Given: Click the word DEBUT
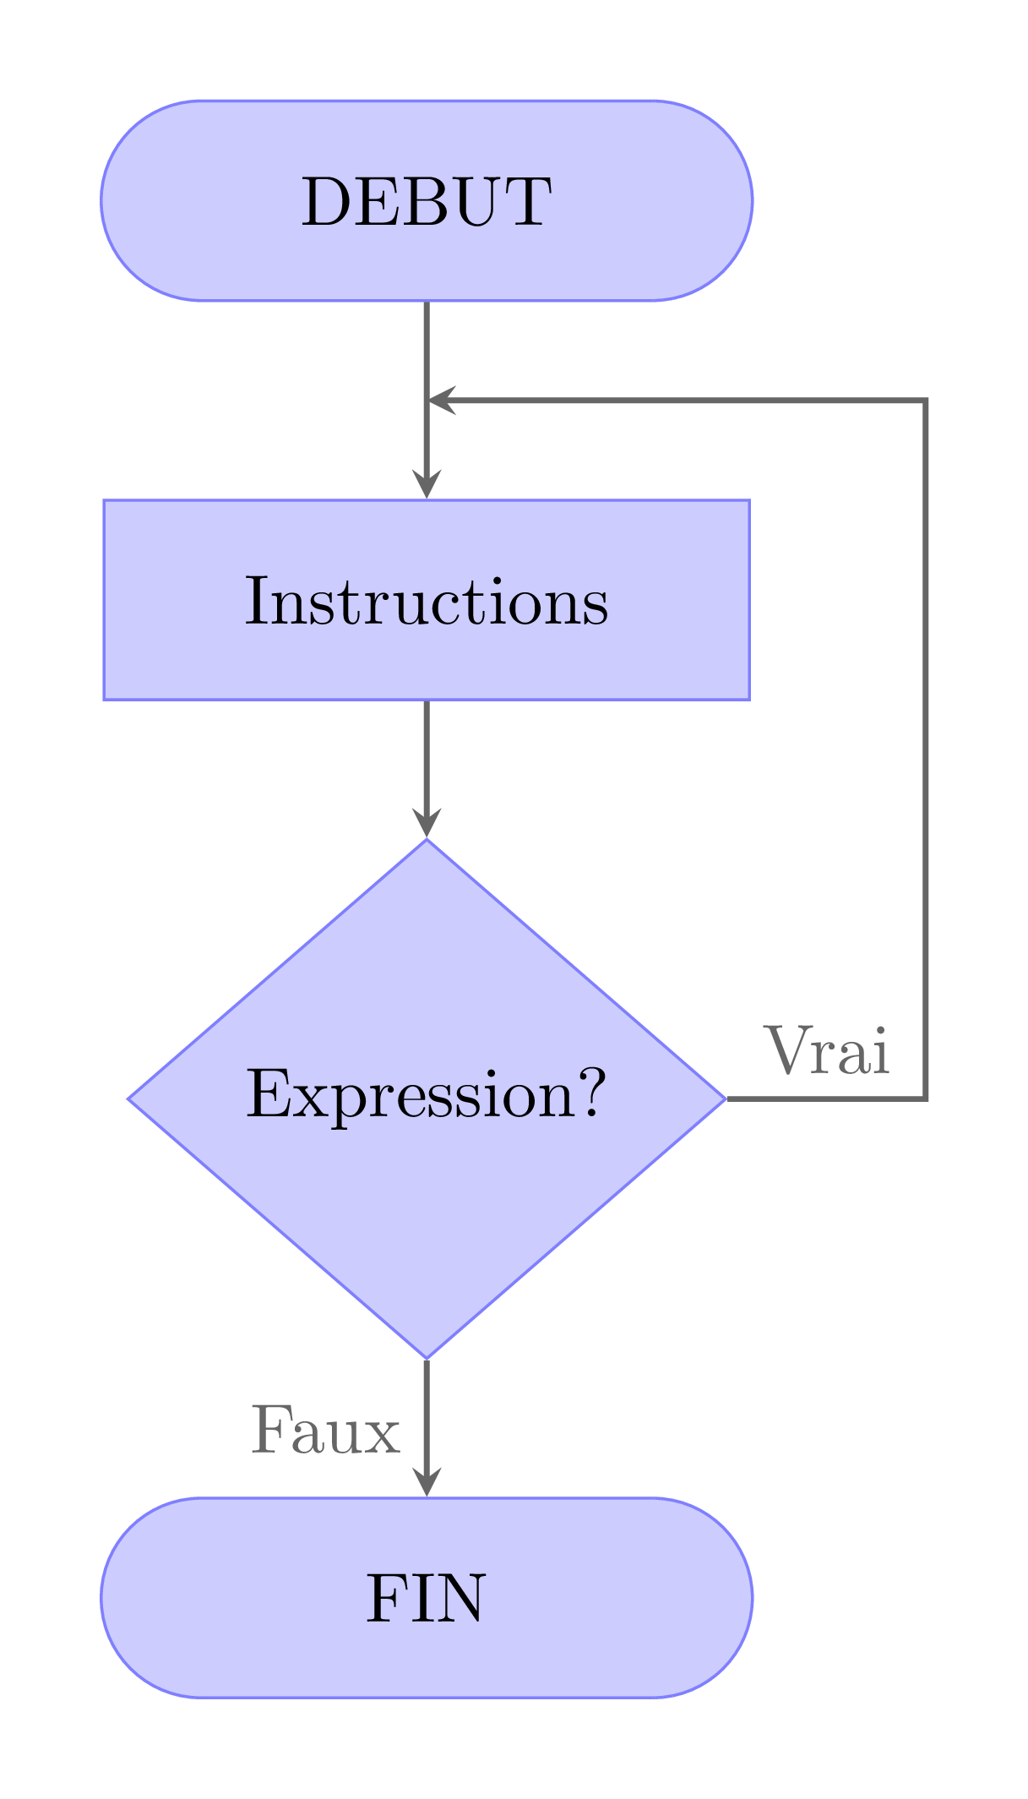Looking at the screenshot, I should [427, 202].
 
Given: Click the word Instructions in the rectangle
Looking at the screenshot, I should [427, 602].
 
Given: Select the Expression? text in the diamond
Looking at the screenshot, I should [427, 1094].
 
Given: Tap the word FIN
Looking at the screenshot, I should [427, 1599].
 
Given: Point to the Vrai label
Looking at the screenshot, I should [827, 1052].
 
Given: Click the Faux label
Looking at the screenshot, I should [325, 1431].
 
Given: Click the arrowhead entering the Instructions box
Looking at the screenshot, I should [427, 486].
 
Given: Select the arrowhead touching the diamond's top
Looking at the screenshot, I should [427, 823].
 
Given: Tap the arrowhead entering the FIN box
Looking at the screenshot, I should [427, 1482].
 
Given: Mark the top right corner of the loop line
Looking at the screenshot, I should [927, 401].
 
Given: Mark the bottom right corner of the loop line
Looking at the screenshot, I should [927, 1098].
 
